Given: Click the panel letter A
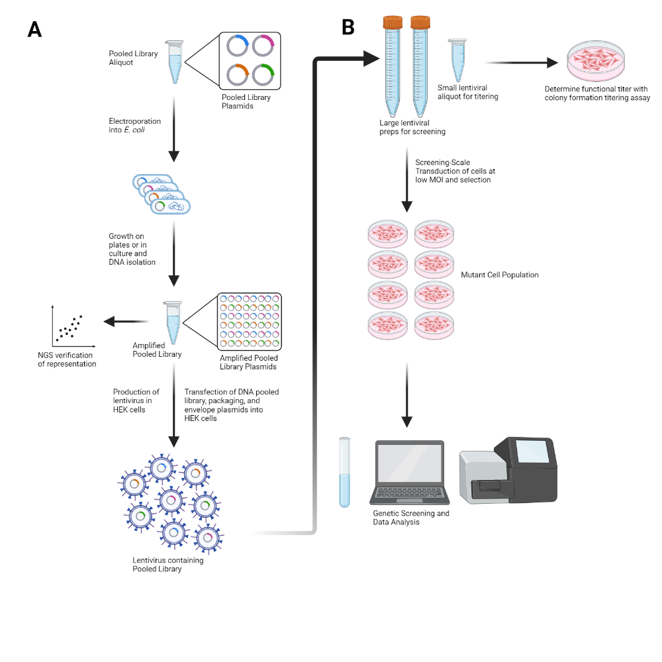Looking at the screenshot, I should tap(34, 29).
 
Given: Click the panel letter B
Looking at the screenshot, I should tap(348, 27).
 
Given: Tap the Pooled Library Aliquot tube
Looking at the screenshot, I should tap(175, 62).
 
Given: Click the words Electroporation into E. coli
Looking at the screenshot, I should tap(134, 126).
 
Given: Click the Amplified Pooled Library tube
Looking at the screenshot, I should tap(173, 324).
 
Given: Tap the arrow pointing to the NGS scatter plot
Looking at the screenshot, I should tap(126, 322).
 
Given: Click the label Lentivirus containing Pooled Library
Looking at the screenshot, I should tap(167, 564).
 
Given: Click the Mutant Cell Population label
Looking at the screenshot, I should tap(499, 274).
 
